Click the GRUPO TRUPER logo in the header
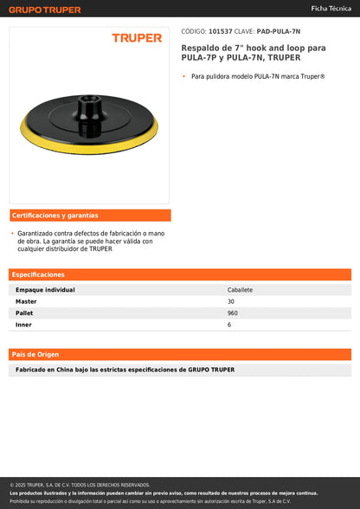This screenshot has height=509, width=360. point(45,10)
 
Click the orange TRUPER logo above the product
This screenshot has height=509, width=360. point(137,38)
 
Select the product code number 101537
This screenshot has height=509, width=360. point(221,30)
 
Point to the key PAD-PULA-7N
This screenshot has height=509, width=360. point(279,30)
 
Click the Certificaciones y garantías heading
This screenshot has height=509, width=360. point(55,215)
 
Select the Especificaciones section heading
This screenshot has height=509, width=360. point(39,274)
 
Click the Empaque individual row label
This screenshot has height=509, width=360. point(46,289)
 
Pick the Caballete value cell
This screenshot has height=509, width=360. point(240,289)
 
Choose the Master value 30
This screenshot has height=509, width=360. point(230,301)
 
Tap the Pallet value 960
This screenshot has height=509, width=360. point(232,312)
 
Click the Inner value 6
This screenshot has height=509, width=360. point(228,324)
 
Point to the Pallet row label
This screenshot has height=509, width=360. point(25,312)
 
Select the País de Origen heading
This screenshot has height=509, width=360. point(35,354)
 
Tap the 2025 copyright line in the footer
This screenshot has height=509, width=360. point(80,485)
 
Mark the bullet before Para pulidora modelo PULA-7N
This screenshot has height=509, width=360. point(184,76)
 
